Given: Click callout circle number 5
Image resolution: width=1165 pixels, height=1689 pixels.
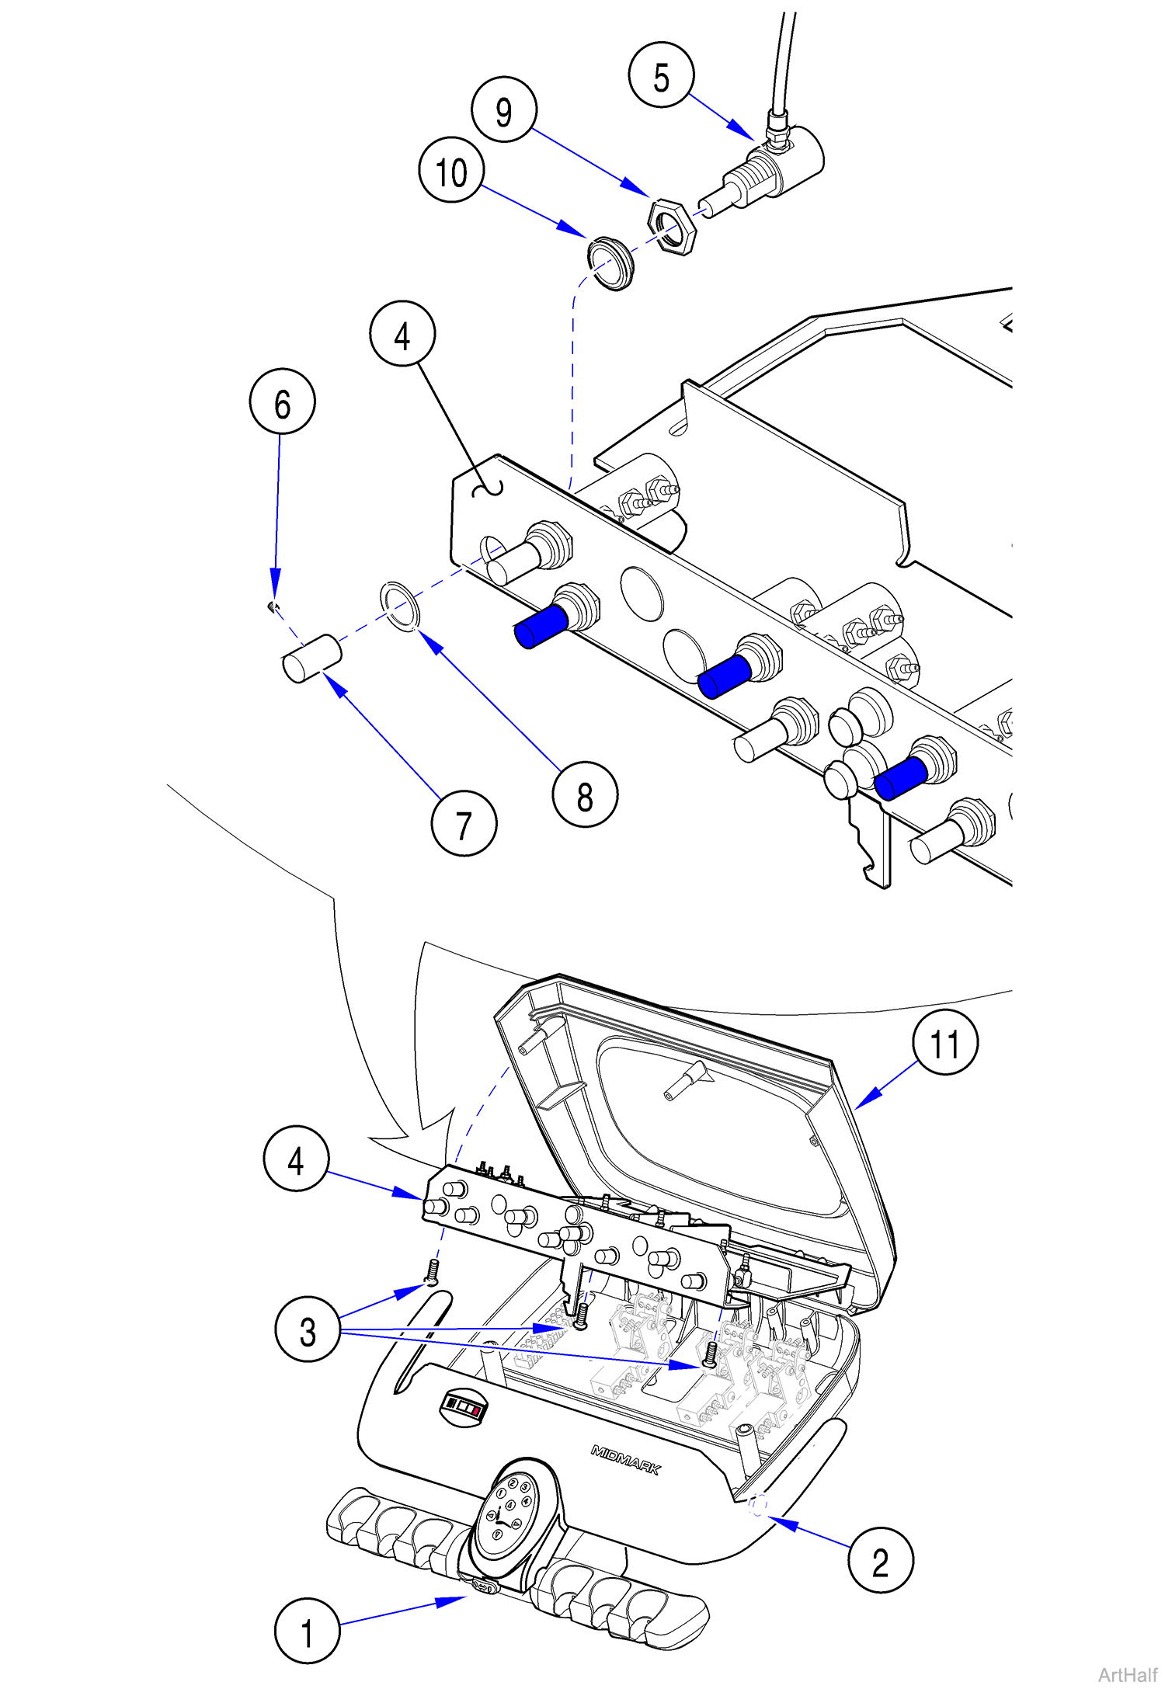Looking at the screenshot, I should point(661,75).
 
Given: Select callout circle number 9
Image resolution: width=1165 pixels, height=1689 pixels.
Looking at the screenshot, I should point(504,109).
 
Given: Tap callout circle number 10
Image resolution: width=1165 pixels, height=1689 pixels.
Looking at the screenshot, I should point(451,170).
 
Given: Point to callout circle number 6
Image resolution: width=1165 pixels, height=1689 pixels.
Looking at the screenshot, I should point(282,401).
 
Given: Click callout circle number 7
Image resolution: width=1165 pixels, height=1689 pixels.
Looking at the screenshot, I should point(464,823).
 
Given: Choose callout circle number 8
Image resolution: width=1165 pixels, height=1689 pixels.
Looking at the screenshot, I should point(585,794).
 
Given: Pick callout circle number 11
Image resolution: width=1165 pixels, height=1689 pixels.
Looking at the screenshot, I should point(944,1042).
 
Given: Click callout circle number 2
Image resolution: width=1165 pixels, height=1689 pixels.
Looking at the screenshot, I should point(880,1560).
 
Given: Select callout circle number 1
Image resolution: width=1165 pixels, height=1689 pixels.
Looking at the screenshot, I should point(308,1631).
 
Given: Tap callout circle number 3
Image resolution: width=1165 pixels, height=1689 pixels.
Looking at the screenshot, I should point(308,1329).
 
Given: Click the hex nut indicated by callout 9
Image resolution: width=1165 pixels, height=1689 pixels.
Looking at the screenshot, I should point(672,225).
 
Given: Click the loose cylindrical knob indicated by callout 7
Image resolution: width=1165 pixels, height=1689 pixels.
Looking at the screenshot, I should point(311,659).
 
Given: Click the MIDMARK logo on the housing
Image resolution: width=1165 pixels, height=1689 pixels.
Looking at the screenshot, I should point(625,1460).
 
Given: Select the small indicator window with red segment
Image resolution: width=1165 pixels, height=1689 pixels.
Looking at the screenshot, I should point(464,1407).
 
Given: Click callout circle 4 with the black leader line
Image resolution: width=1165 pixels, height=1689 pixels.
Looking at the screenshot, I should point(402,334).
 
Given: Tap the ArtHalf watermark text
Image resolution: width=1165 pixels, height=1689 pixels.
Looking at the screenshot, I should point(1127,1674).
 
